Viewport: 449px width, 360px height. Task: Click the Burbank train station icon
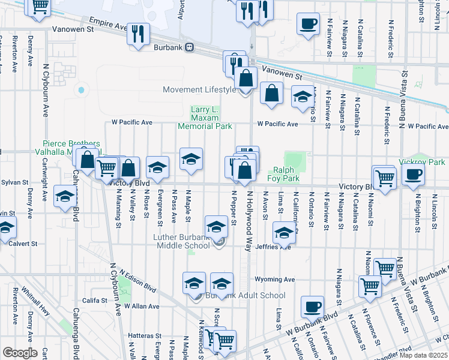point(189,47)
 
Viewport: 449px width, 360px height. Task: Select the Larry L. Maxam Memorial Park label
point(204,118)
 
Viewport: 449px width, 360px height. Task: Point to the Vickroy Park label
point(429,162)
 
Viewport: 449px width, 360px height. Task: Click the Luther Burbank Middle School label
point(181,241)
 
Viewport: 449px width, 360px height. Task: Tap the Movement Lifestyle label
point(200,90)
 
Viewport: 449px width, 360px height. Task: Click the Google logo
point(20,352)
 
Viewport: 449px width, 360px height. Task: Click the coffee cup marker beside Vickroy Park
point(412,175)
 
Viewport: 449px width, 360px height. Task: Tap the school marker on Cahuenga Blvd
point(65,196)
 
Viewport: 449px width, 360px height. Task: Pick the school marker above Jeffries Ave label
point(284,232)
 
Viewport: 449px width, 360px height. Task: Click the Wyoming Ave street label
point(275,280)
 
